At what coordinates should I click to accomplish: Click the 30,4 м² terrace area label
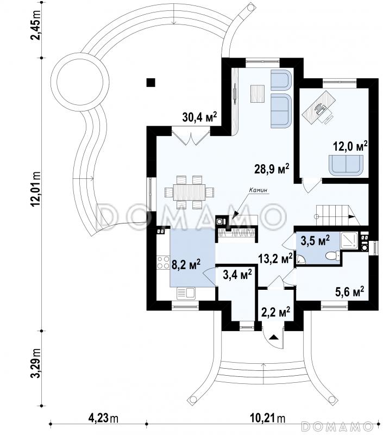(x=199, y=116)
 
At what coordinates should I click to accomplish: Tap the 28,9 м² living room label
(x=271, y=169)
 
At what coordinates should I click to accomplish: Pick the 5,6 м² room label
(x=350, y=292)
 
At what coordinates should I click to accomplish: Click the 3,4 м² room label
(x=237, y=275)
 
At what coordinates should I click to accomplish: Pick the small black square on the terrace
(x=151, y=83)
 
